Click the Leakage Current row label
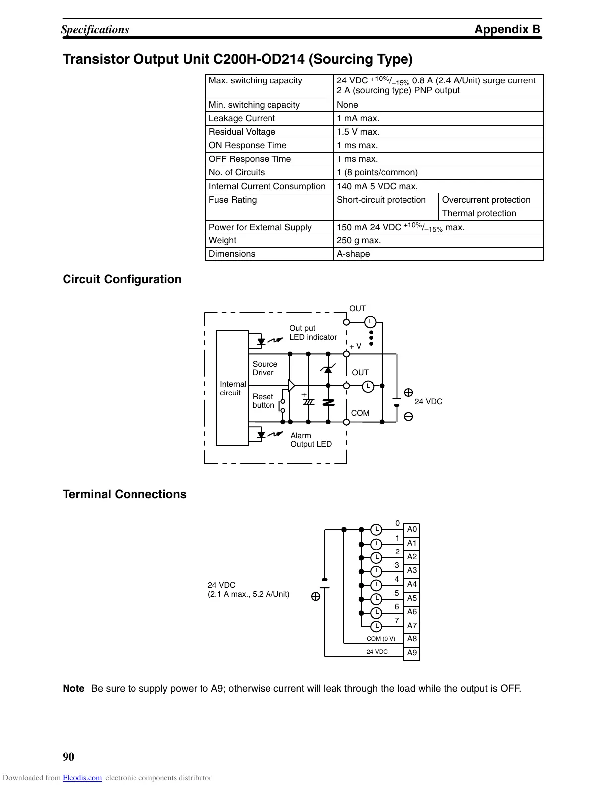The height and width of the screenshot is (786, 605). tap(242, 118)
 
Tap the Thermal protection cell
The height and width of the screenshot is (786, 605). tap(479, 213)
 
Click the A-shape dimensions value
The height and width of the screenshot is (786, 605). tap(353, 254)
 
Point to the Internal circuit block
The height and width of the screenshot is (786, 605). tap(232, 388)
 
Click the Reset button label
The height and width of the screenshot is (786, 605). tap(263, 401)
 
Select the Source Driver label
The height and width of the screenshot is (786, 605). tap(265, 368)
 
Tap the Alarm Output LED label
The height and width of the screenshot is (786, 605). tap(311, 440)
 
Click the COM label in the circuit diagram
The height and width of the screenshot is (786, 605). tap(360, 413)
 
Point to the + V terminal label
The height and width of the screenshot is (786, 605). tap(355, 346)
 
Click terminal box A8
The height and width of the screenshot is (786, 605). tap(412, 639)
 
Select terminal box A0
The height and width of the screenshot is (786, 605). tap(412, 530)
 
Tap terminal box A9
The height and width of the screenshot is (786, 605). tap(412, 653)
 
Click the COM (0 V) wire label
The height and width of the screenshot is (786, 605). tap(381, 639)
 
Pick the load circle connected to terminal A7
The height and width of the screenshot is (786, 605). tap(377, 626)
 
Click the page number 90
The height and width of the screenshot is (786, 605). tap(68, 757)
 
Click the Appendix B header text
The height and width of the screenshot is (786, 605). tap(507, 29)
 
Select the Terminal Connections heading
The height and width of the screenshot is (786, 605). tap(125, 494)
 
